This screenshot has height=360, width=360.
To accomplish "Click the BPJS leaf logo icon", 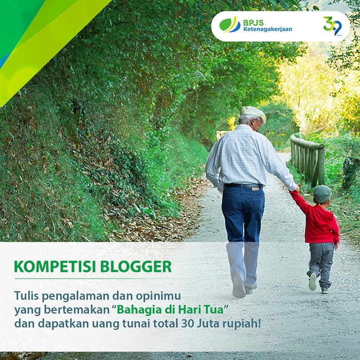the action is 229,25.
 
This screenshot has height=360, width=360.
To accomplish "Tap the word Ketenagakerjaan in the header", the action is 267,29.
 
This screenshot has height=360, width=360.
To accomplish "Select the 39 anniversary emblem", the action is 333,26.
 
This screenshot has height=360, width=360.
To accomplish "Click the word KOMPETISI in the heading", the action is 55,266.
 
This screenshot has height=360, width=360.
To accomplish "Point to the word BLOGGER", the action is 136,266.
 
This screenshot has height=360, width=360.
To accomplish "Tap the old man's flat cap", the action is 253,113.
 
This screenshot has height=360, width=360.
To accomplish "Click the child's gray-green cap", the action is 322,194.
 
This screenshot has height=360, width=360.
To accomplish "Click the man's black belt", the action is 242,186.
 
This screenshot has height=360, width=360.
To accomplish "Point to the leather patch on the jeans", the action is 255,189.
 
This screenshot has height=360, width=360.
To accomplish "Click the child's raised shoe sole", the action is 313,281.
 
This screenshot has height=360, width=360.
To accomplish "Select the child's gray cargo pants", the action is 321,264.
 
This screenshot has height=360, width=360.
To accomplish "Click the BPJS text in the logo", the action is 254,23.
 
